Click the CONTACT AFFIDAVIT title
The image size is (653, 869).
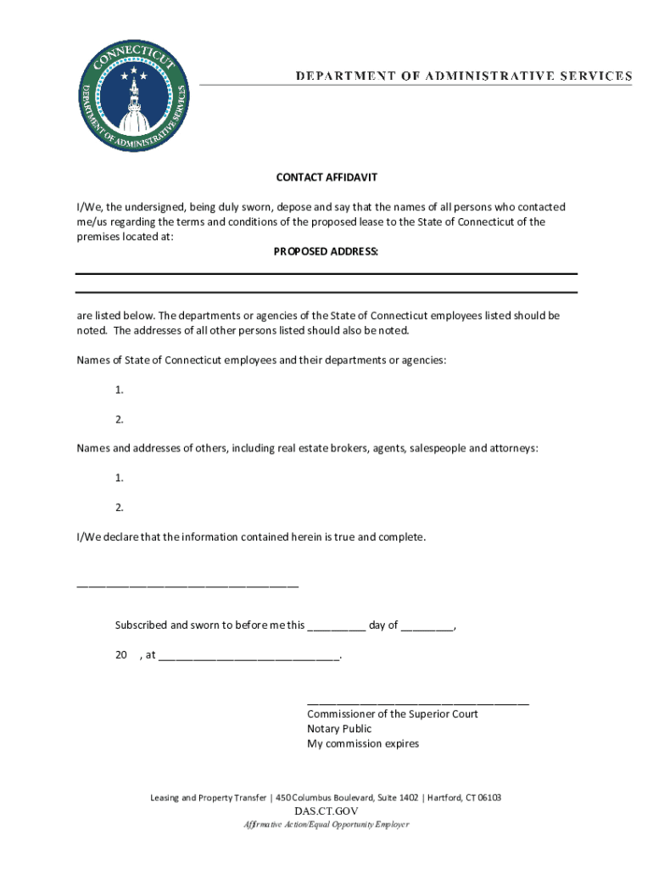(326, 177)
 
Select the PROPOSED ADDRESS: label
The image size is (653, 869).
(326, 252)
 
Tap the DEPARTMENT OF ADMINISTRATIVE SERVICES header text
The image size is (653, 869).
(463, 76)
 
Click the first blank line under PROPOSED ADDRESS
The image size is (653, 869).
(326, 273)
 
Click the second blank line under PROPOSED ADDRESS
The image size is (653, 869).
(326, 293)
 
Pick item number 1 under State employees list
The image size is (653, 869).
(120, 390)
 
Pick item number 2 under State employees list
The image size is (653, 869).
(120, 419)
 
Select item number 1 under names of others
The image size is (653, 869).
(120, 478)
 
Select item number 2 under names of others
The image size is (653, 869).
(120, 507)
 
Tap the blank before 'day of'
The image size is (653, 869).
(337, 628)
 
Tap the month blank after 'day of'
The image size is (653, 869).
(427, 628)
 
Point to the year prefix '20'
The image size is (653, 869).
(121, 655)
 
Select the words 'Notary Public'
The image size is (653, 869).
(339, 729)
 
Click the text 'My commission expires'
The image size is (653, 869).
(363, 744)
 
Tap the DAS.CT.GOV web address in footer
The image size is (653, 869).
(326, 811)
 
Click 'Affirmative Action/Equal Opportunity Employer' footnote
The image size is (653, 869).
(326, 825)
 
